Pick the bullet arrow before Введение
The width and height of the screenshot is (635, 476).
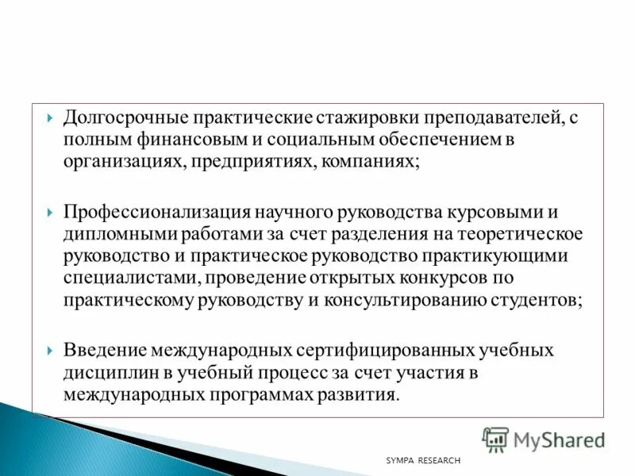[50, 351]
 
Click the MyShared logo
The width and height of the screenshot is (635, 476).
[544, 439]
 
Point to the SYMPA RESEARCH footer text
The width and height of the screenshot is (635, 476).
[422, 461]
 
